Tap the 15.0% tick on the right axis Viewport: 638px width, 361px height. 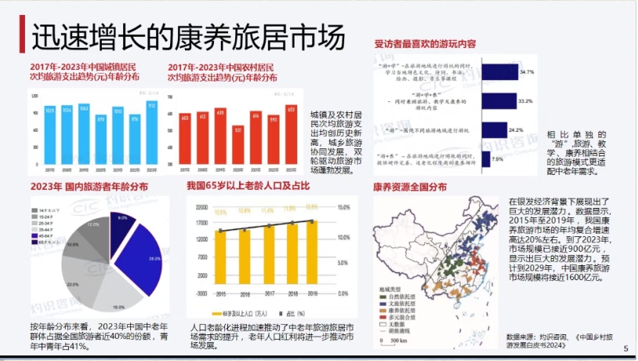tap(342, 207)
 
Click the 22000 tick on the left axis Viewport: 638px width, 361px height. tap(201, 207)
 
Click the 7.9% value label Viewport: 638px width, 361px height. tap(498, 159)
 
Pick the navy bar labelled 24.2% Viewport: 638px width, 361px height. tap(494, 129)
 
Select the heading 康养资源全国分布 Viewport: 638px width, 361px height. tap(410, 188)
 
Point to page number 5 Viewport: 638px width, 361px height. tap(625, 348)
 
